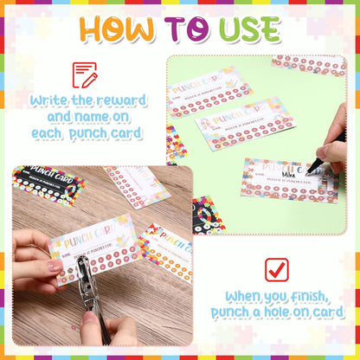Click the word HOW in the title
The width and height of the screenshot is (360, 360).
click(x=119, y=29)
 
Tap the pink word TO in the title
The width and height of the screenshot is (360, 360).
click(x=186, y=29)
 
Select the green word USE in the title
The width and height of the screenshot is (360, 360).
click(x=246, y=29)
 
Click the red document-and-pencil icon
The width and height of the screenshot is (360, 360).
click(x=85, y=75)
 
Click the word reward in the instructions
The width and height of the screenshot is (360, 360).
click(x=121, y=100)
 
